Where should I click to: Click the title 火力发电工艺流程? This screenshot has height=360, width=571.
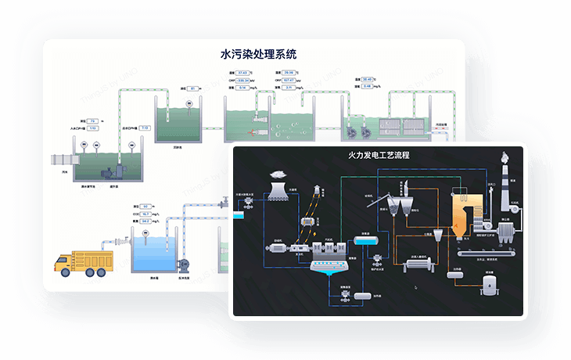379,155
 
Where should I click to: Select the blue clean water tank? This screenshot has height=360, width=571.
151,254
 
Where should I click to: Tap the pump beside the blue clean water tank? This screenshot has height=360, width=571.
185,265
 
